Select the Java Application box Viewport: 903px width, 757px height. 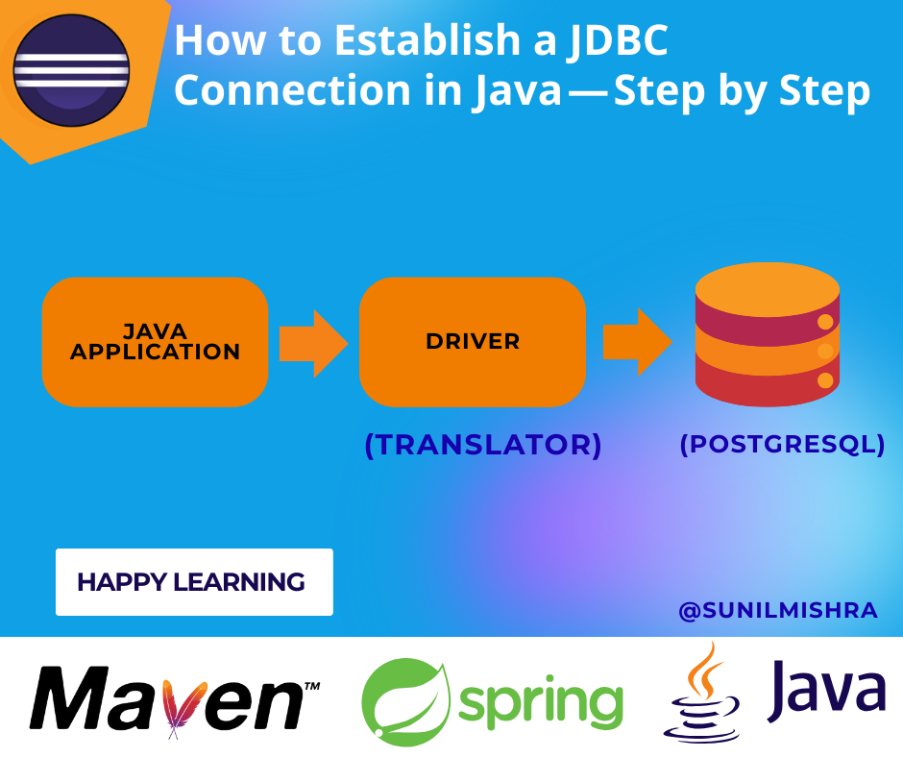[x=155, y=342]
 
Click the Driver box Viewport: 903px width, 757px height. [x=472, y=342]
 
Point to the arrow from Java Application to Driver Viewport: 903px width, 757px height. [x=313, y=342]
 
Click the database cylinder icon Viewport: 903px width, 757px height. [x=767, y=336]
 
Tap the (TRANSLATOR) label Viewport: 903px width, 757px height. [x=482, y=445]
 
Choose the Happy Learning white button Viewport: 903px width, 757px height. [x=194, y=582]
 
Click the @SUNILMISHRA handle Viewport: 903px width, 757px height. [x=778, y=611]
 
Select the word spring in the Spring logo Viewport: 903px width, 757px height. [x=541, y=702]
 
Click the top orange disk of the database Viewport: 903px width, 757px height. [x=767, y=285]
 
